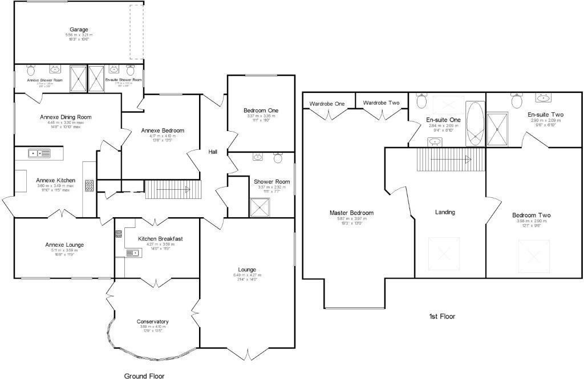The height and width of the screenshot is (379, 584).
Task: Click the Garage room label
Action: pos(79,30)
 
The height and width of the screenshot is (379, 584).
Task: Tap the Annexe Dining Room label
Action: pos(66,117)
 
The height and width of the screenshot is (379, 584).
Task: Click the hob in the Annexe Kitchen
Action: pos(89,186)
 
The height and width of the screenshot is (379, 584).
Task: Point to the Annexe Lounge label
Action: pos(64,245)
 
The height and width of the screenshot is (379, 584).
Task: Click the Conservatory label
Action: pos(152,321)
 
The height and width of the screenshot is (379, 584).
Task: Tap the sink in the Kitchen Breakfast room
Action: pos(132,252)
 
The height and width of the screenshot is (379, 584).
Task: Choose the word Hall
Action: pos(213,152)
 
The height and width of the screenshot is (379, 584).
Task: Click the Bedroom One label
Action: pos(261,111)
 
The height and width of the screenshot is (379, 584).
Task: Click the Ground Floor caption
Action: pos(145,376)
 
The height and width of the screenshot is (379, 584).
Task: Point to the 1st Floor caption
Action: pos(441,316)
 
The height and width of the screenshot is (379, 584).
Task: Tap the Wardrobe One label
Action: pos(327,104)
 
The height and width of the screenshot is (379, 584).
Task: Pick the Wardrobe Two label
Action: pos(381,103)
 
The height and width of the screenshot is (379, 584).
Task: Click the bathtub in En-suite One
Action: pos(474,124)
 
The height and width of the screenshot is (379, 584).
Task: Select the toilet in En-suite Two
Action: pos(517,101)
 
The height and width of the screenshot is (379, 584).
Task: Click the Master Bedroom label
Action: pos(351,213)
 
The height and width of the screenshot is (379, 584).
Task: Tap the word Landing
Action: pos(445,213)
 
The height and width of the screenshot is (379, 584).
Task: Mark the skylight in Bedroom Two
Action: pos(532,256)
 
